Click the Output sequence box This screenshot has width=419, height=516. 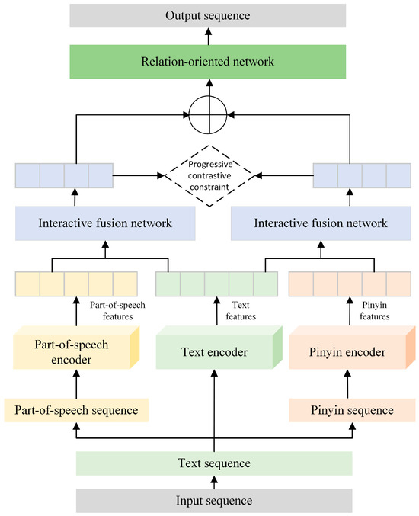pos(213,15)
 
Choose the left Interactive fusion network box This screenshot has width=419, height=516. pos(104,223)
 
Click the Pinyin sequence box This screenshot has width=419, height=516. pos(352,410)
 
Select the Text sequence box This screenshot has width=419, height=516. pos(214,463)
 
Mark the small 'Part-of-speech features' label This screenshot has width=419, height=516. pos(117,309)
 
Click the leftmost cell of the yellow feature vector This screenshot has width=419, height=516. pos(27,284)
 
